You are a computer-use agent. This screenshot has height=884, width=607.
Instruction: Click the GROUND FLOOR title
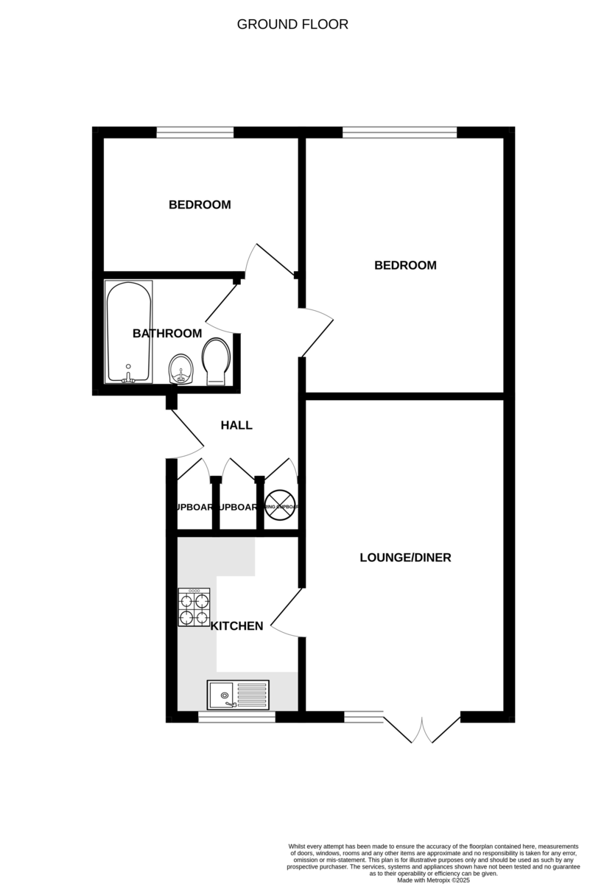(x=292, y=24)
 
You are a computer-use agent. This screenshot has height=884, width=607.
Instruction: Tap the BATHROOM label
(x=167, y=334)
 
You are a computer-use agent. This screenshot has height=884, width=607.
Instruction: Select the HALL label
(x=236, y=425)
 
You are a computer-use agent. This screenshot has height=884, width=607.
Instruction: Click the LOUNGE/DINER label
(x=405, y=558)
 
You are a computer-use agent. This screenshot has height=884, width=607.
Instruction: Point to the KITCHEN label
(x=236, y=626)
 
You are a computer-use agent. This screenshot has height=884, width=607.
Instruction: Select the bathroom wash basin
(x=181, y=368)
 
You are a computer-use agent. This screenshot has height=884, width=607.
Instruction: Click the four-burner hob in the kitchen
(x=194, y=607)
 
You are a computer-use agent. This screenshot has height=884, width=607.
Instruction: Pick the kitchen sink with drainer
(x=238, y=695)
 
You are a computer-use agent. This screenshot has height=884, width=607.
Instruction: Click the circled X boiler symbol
(x=280, y=507)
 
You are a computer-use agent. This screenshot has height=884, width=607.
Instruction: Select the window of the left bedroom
(x=194, y=133)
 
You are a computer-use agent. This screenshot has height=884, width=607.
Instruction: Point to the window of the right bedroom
(x=399, y=133)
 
